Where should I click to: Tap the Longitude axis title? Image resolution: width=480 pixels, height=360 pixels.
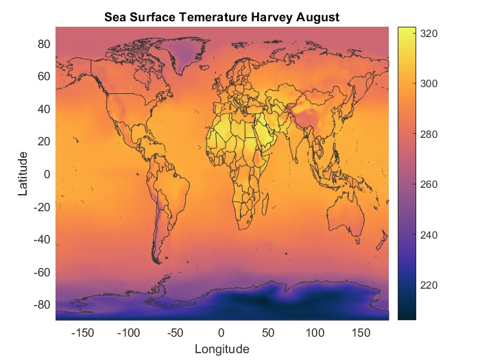(x=221, y=349)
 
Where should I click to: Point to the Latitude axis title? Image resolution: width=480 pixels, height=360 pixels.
(x=23, y=174)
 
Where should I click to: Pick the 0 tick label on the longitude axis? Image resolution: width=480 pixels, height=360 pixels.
(x=221, y=333)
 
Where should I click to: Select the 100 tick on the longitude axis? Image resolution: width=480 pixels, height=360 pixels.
(x=315, y=333)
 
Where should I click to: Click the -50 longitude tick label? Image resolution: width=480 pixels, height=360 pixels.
(x=175, y=333)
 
